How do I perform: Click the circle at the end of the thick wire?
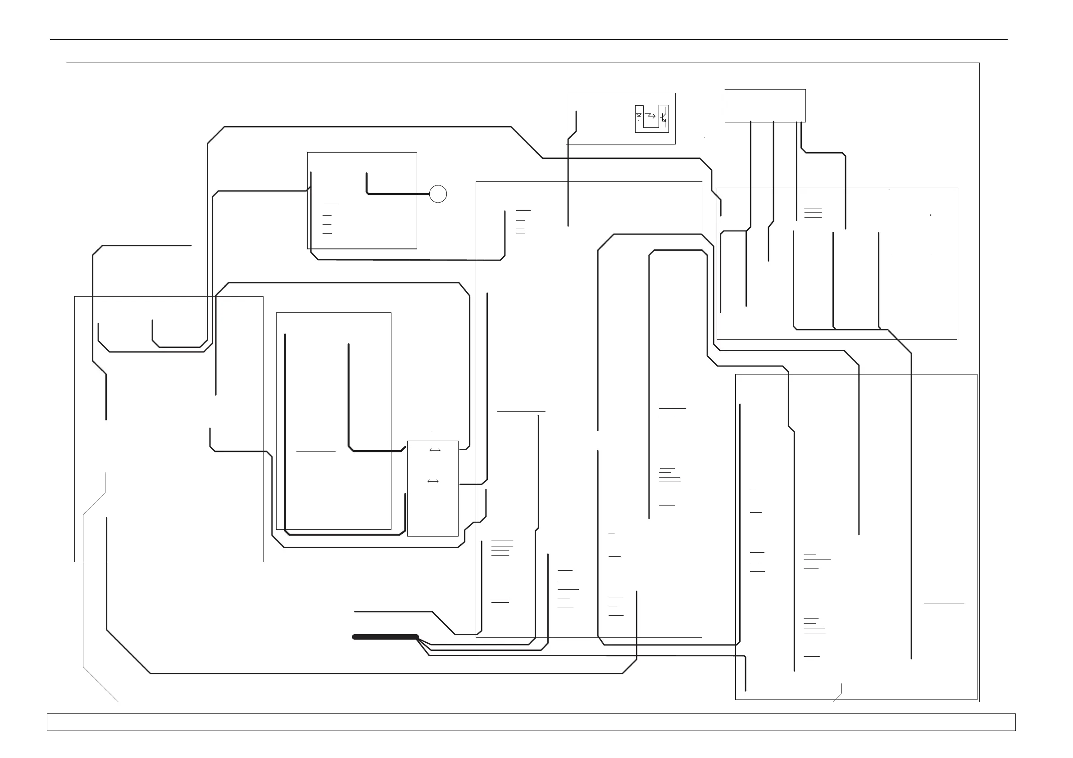[x=438, y=194]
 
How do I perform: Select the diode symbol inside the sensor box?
[x=639, y=115]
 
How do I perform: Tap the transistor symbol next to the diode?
[x=663, y=117]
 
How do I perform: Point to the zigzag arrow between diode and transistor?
[x=650, y=115]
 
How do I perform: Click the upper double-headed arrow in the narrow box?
[x=435, y=450]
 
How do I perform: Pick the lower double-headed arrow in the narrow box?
[x=433, y=481]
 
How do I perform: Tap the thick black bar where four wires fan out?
[x=385, y=636]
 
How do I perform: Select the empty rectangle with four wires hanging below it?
[x=765, y=105]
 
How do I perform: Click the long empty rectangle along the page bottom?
[x=531, y=722]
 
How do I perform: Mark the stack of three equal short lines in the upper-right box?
[x=813, y=213]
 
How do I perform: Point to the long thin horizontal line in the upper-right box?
[x=910, y=255]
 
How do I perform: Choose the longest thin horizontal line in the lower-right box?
[x=944, y=604]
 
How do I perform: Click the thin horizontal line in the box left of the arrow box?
[x=316, y=451]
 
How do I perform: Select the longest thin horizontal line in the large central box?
[x=521, y=411]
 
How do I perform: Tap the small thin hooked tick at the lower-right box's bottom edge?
[x=839, y=694]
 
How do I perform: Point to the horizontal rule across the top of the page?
[x=528, y=40]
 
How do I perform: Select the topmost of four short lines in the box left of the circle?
[x=330, y=205]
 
